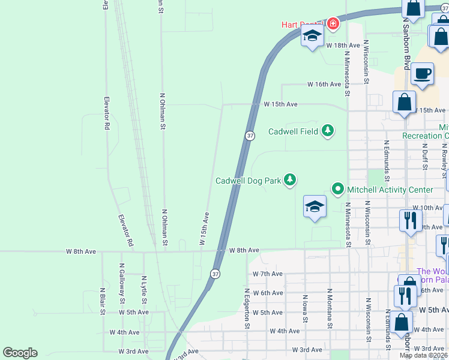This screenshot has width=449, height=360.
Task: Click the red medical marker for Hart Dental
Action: click(333, 25)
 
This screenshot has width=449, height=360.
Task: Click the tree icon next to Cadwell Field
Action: click(327, 131)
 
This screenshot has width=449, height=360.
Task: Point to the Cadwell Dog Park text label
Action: click(248, 181)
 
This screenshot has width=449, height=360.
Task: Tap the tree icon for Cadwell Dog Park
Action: click(290, 180)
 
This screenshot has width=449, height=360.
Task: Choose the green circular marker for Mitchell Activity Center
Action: click(337, 190)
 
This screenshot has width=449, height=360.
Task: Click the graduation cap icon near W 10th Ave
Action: click(315, 207)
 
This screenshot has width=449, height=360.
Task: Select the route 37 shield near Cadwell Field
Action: click(250, 136)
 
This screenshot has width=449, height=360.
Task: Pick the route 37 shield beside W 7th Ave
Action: click(214, 274)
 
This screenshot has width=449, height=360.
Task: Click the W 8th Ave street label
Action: click(244, 250)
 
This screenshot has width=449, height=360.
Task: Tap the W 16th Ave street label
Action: click(324, 85)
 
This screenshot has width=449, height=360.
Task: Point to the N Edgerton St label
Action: click(246, 308)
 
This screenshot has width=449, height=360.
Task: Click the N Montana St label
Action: click(330, 308)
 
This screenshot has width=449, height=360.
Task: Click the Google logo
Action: click(20, 353)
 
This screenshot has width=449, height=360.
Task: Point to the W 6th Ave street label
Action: click(268, 293)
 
